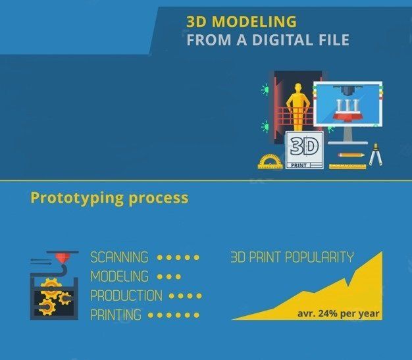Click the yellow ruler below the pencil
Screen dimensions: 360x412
348,166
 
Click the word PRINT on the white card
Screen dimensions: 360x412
297,165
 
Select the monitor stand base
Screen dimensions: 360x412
347,141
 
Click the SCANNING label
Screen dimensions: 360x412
119,257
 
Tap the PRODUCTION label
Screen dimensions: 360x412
126,296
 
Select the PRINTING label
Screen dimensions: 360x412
116,315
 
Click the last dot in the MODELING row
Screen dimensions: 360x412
178,276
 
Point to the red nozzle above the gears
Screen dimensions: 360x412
63,258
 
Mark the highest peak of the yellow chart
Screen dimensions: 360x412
381,253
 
